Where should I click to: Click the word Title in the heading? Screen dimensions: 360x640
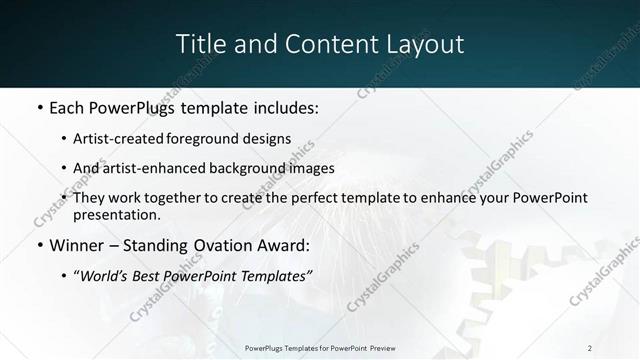(x=197, y=44)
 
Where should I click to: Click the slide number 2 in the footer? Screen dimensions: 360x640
(x=590, y=348)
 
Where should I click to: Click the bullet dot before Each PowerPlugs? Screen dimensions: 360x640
(x=39, y=107)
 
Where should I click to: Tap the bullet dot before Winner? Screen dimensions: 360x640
(x=39, y=245)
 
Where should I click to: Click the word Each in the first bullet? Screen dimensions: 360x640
(x=66, y=107)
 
